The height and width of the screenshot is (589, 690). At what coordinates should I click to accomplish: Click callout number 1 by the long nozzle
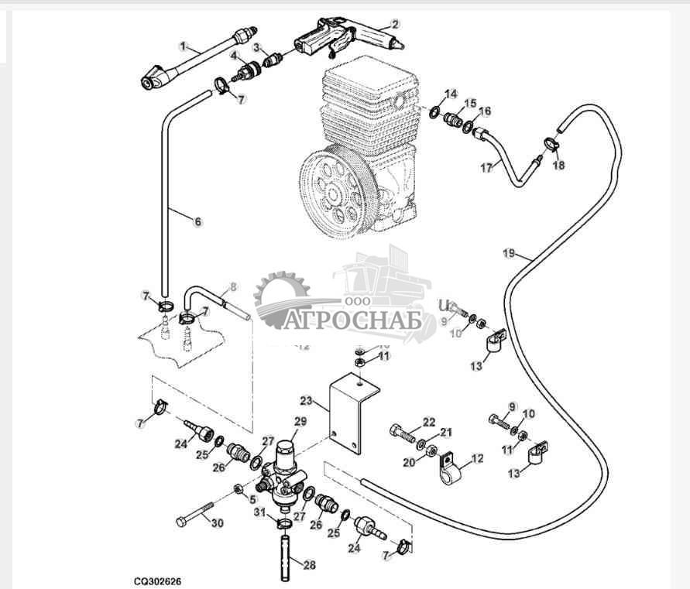click(x=183, y=46)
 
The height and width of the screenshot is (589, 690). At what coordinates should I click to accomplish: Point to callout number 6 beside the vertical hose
click(x=197, y=222)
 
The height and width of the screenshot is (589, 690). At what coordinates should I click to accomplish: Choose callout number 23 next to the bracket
click(x=306, y=401)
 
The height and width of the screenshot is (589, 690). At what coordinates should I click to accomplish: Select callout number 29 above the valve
click(x=300, y=422)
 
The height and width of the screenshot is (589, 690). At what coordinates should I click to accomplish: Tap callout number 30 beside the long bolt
click(x=217, y=523)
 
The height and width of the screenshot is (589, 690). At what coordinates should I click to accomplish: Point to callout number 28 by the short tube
click(x=309, y=565)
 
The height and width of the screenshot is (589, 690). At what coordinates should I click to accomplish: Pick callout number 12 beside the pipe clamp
click(x=477, y=459)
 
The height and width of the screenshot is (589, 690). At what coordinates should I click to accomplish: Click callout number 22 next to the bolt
click(x=428, y=421)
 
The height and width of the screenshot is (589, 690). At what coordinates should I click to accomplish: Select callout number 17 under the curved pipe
click(x=486, y=167)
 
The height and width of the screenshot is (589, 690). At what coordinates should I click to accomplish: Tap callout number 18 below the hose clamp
click(x=558, y=165)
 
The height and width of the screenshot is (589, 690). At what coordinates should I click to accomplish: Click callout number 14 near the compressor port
click(x=452, y=94)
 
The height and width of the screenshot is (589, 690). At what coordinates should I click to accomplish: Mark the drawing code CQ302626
click(x=158, y=579)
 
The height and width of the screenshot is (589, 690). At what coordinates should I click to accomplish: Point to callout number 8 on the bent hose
click(x=233, y=286)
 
